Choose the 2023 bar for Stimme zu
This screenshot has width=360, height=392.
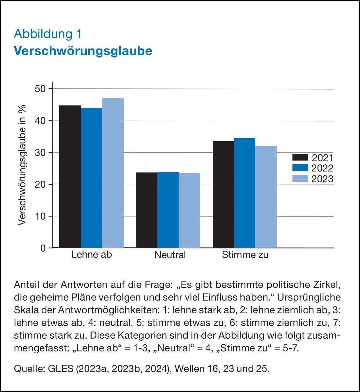click(x=266, y=197)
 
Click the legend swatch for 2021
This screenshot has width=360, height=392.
click(x=300, y=157)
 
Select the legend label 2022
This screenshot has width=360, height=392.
click(x=322, y=168)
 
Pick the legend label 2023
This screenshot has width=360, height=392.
click(x=322, y=179)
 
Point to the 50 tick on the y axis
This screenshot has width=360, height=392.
click(x=40, y=89)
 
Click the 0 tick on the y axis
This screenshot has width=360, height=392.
click(x=43, y=248)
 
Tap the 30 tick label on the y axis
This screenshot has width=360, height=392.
click(x=40, y=153)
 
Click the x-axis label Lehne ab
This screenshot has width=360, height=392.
click(x=91, y=254)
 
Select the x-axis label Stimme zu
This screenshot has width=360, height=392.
click(x=245, y=255)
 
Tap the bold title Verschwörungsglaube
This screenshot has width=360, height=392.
click(x=83, y=51)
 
